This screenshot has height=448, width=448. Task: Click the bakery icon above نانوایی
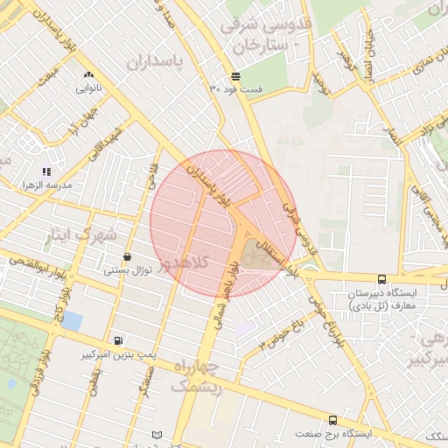(89, 75)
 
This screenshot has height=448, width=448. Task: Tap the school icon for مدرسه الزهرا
(46, 172)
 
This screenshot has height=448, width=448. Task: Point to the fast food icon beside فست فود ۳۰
(235, 76)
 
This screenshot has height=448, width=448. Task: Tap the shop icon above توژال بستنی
(129, 257)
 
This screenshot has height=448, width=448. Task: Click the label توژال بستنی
(129, 270)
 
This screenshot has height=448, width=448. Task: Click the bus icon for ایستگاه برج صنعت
(332, 421)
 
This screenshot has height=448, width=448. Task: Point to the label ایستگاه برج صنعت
(333, 434)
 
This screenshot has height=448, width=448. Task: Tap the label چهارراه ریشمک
(199, 374)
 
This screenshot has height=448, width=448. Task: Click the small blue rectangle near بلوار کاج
(72, 321)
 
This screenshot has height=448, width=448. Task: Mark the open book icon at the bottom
(157, 435)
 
